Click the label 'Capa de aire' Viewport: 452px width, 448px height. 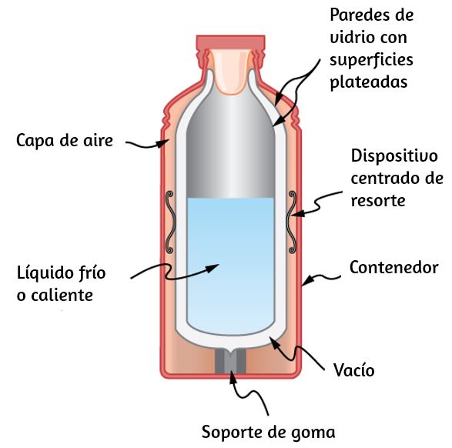click(x=65, y=141)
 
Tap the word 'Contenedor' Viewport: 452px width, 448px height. click(x=393, y=267)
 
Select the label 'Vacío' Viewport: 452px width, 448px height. click(x=353, y=369)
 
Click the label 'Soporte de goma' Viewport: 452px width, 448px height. click(x=269, y=432)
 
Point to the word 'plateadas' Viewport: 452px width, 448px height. click(x=368, y=82)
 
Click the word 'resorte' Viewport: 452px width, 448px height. click(x=378, y=201)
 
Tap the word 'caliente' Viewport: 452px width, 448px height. click(x=62, y=296)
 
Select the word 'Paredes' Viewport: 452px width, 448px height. click(x=361, y=15)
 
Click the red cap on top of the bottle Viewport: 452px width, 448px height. click(x=230, y=42)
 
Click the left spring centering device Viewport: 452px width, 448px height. click(x=169, y=222)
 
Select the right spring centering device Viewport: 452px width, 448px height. click(x=291, y=222)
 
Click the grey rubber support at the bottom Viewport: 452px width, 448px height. click(x=230, y=361)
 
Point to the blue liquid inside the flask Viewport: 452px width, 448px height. click(x=230, y=266)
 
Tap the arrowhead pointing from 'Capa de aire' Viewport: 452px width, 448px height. click(x=163, y=142)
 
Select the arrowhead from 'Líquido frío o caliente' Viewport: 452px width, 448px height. click(x=213, y=268)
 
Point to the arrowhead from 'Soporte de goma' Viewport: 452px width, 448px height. click(x=233, y=377)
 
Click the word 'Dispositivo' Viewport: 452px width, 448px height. click(x=394, y=156)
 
